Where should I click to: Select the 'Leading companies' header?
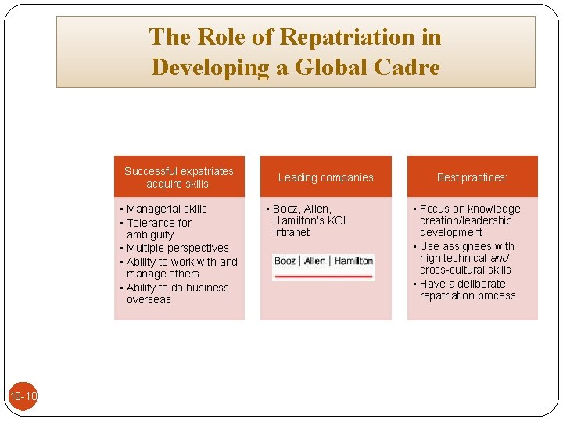click(325, 177)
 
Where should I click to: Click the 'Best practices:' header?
click(472, 177)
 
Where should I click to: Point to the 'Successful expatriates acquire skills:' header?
click(179, 177)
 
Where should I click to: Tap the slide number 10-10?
click(23, 397)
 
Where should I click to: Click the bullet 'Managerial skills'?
click(167, 209)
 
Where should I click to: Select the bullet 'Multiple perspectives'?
click(178, 248)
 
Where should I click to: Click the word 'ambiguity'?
click(150, 234)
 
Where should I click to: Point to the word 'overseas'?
click(149, 299)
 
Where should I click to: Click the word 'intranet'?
click(291, 232)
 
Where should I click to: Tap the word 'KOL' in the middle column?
click(338, 220)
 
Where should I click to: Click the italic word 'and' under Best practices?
click(499, 258)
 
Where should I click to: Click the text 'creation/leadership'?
click(465, 220)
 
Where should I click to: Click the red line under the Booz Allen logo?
click(324, 276)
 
